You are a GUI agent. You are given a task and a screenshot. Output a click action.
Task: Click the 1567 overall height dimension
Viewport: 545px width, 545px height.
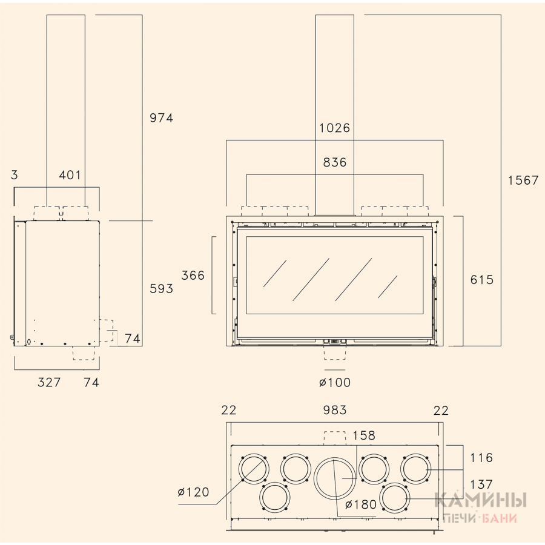pos(523,180)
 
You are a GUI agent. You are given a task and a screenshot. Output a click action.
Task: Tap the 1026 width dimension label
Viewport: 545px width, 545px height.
pos(335,128)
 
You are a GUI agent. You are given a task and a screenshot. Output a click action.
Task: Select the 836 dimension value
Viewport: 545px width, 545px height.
pos(335,162)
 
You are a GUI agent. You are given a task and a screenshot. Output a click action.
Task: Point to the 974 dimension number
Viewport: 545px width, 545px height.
pos(161,118)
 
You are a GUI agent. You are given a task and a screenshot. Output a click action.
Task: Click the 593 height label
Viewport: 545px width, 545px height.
pos(161,288)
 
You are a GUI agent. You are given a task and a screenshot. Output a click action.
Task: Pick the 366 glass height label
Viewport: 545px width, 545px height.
pos(193,276)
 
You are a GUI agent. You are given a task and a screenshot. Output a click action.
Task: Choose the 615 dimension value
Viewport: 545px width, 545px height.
pos(482,280)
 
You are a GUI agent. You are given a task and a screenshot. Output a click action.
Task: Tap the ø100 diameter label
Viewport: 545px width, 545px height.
pos(335,383)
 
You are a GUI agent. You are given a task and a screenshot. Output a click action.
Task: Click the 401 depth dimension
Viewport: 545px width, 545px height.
pos(70,175)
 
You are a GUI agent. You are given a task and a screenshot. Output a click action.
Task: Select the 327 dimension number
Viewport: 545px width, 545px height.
pos(49,383)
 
